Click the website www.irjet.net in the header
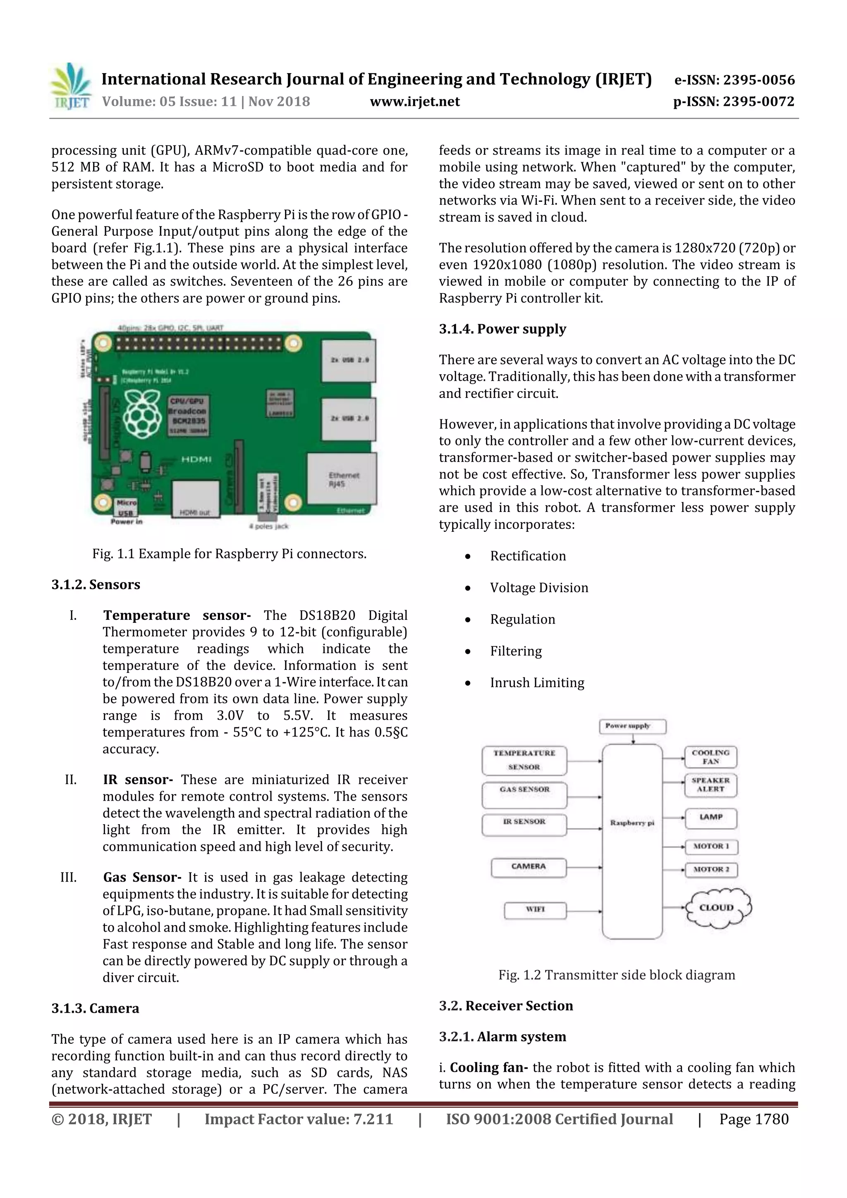(x=414, y=101)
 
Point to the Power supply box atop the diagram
(x=632, y=726)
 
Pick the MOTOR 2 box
(x=711, y=869)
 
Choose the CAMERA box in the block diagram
(x=528, y=867)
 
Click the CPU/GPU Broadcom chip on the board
(x=188, y=415)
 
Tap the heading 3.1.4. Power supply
(x=502, y=329)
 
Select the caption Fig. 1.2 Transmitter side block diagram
(x=616, y=975)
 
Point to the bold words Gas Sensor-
(x=142, y=877)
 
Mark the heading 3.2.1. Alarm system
(x=502, y=1037)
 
